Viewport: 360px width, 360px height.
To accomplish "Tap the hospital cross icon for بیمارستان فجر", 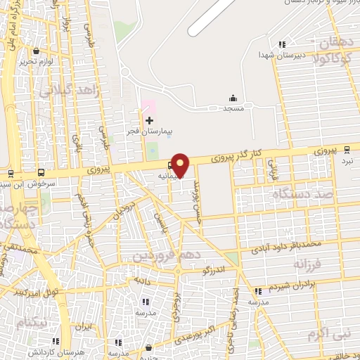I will (x=149, y=121).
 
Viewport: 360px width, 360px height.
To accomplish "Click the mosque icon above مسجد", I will (x=233, y=98).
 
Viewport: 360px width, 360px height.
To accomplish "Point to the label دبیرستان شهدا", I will (x=276, y=54).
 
